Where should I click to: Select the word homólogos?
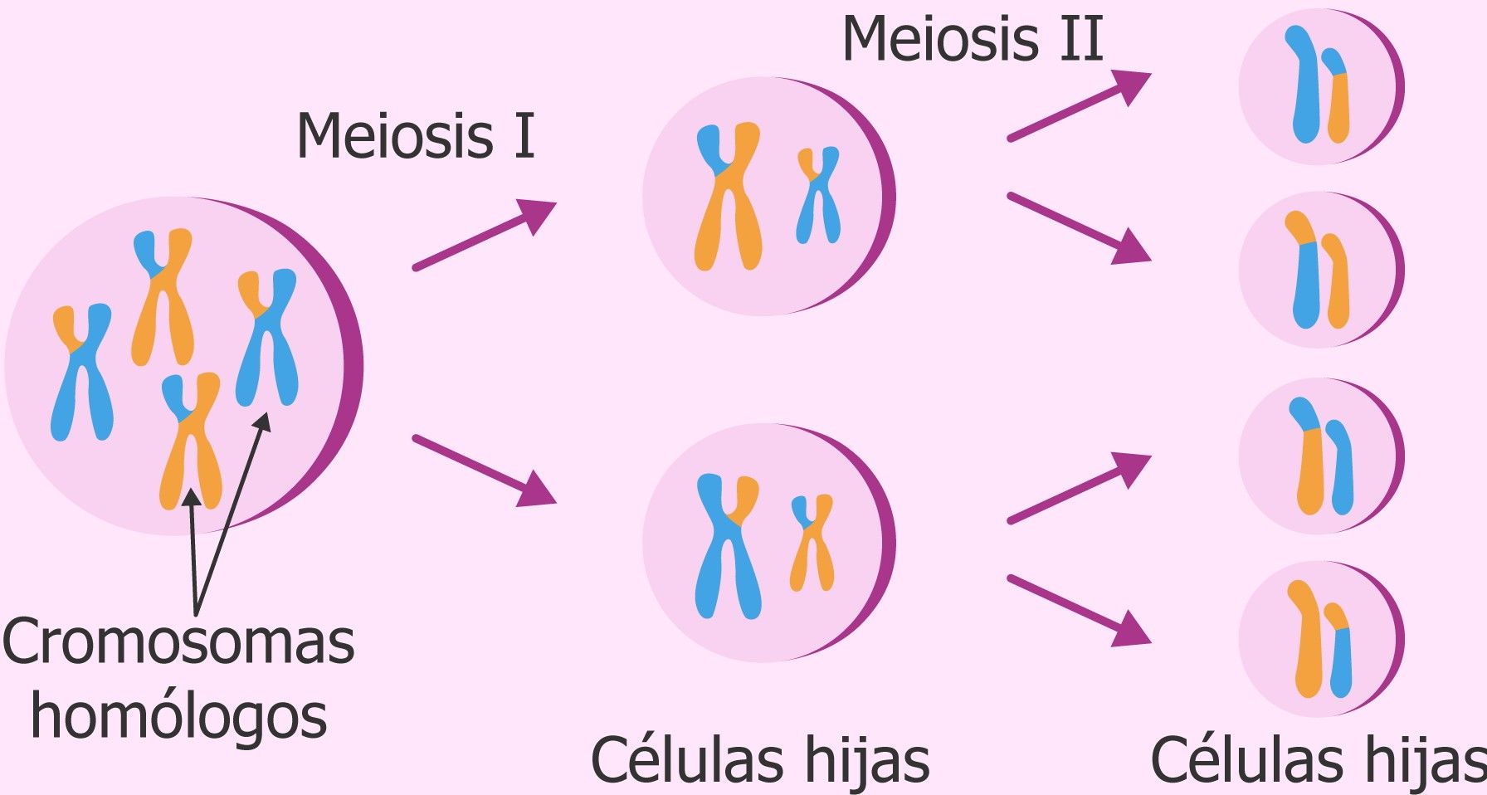(178, 718)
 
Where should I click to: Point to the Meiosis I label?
(416, 136)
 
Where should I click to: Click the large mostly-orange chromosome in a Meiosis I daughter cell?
(728, 199)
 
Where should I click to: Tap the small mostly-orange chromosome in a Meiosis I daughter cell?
(812, 544)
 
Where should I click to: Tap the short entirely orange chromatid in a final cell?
(1337, 282)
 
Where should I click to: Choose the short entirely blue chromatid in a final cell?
(1340, 469)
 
